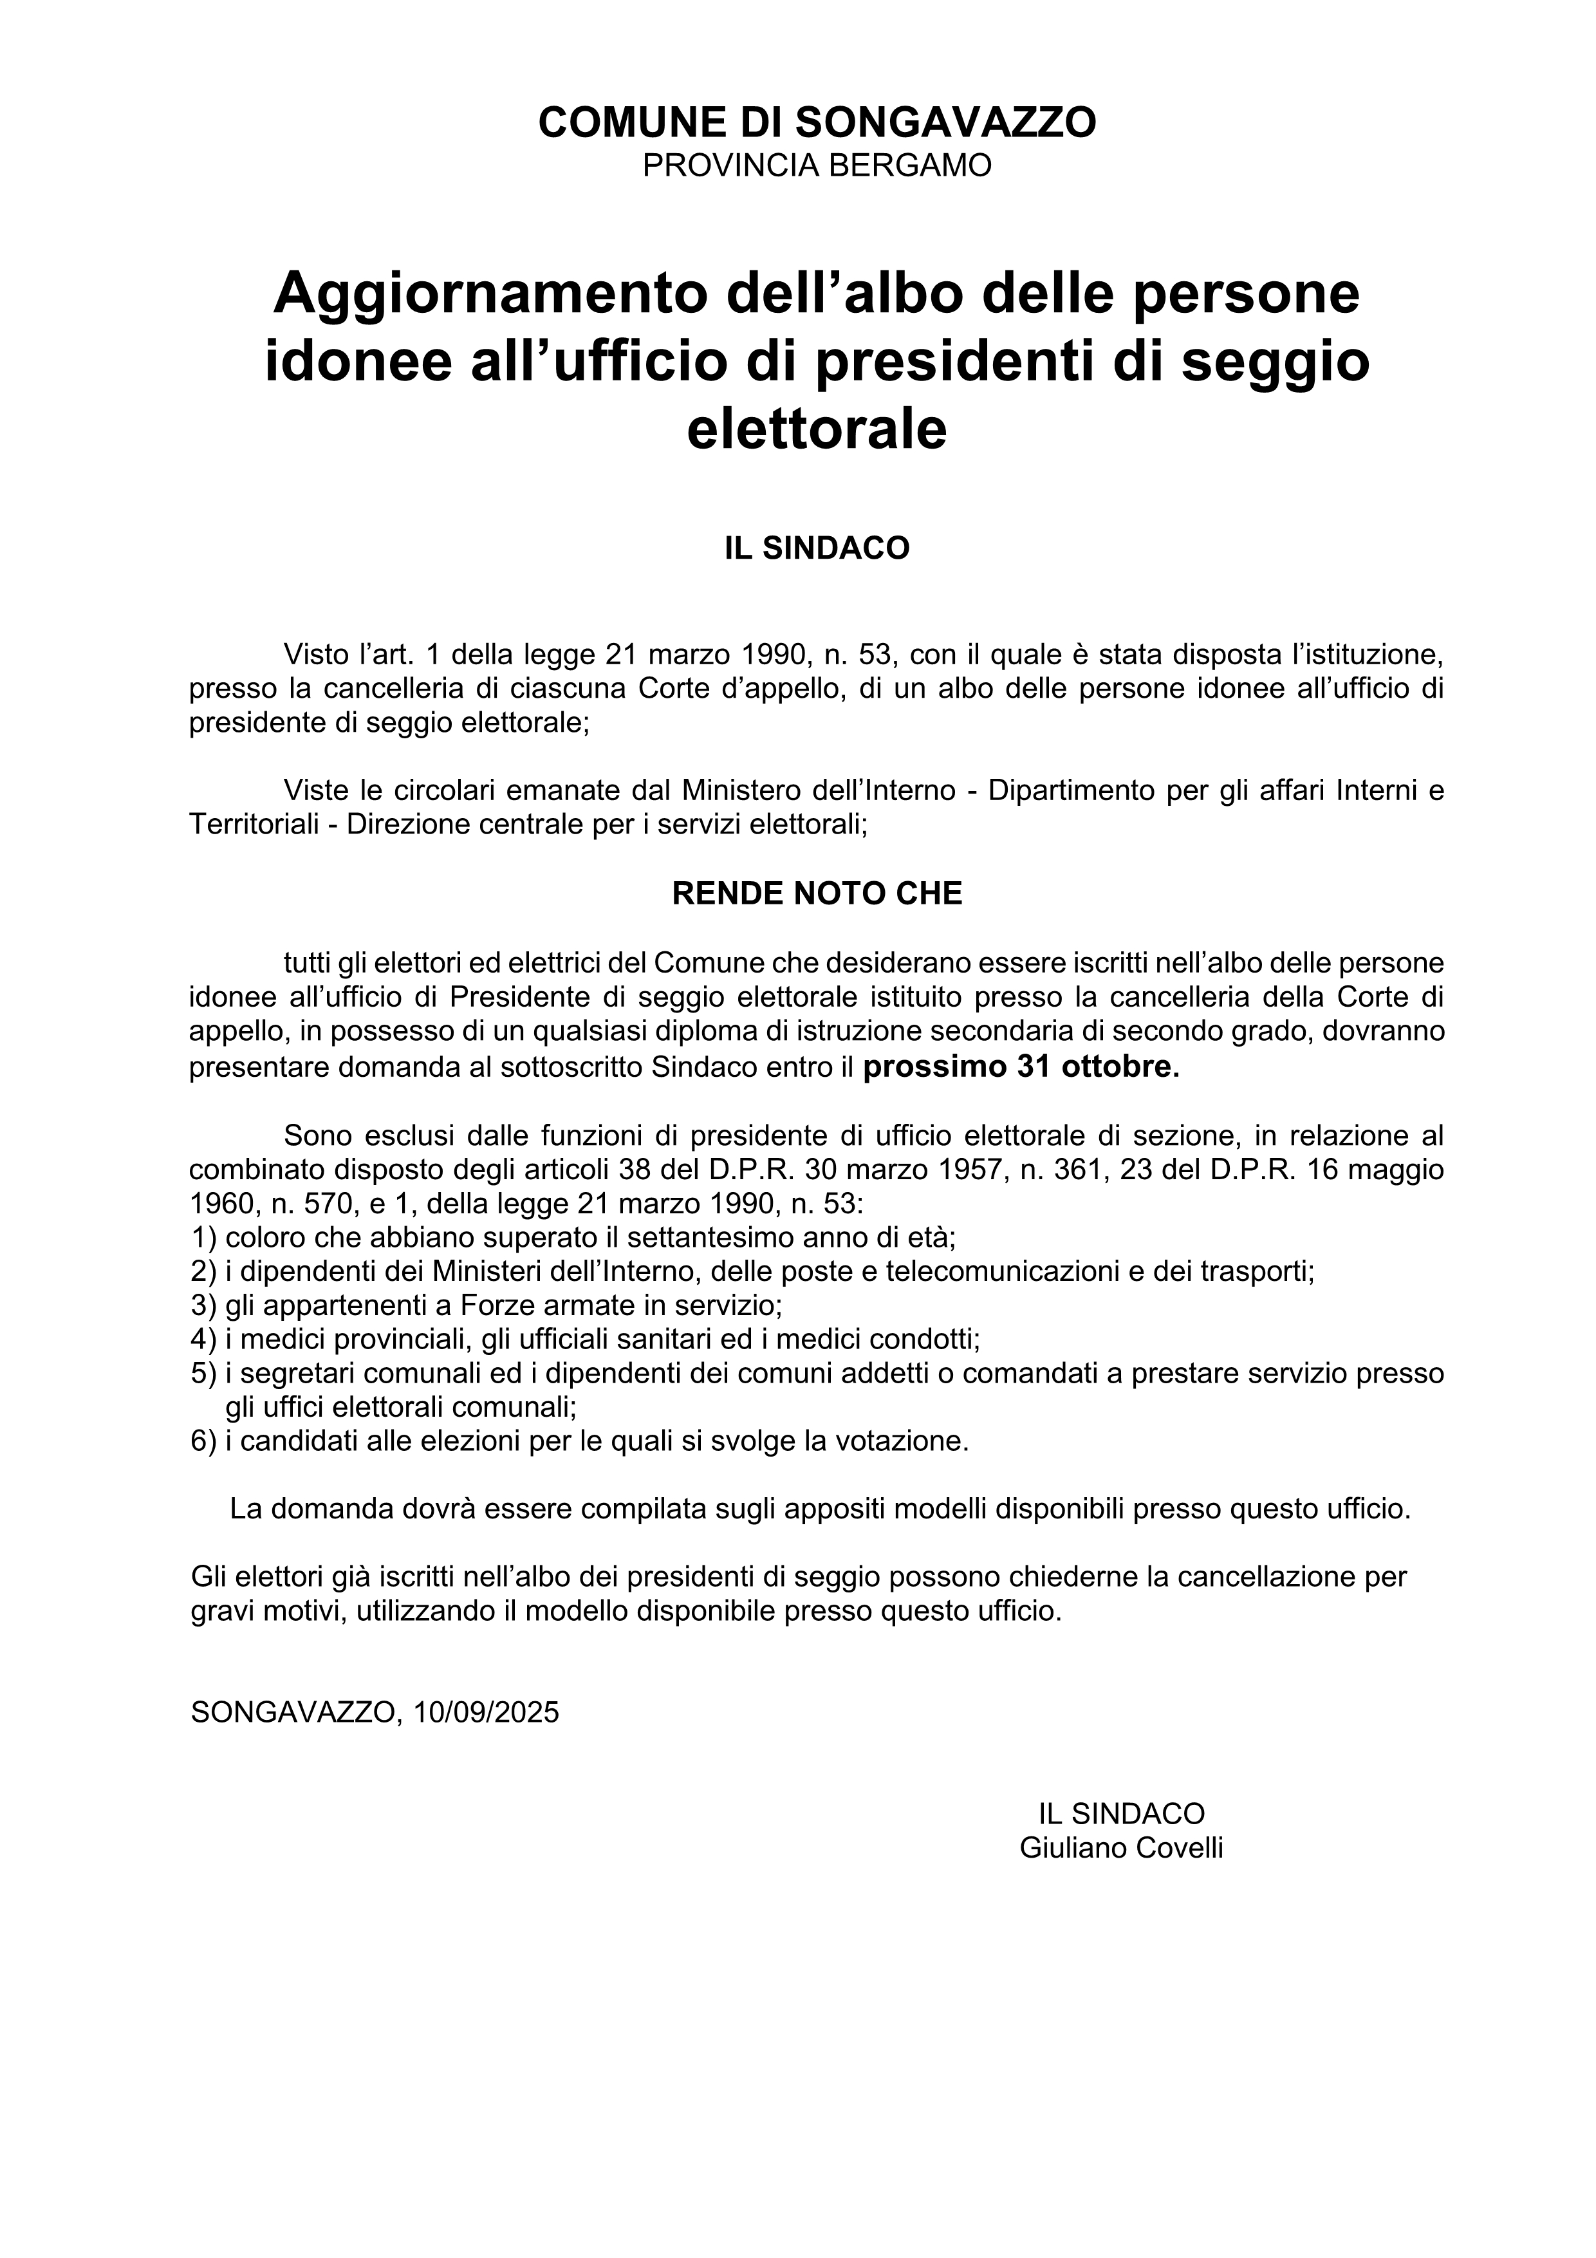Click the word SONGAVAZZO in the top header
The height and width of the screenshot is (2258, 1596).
pos(944,122)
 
